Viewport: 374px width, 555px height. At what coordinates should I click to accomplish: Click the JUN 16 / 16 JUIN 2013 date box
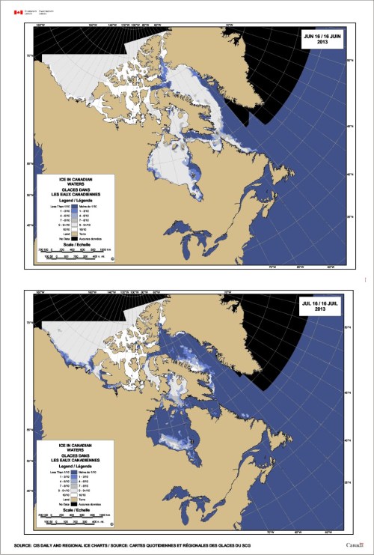[322, 39]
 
